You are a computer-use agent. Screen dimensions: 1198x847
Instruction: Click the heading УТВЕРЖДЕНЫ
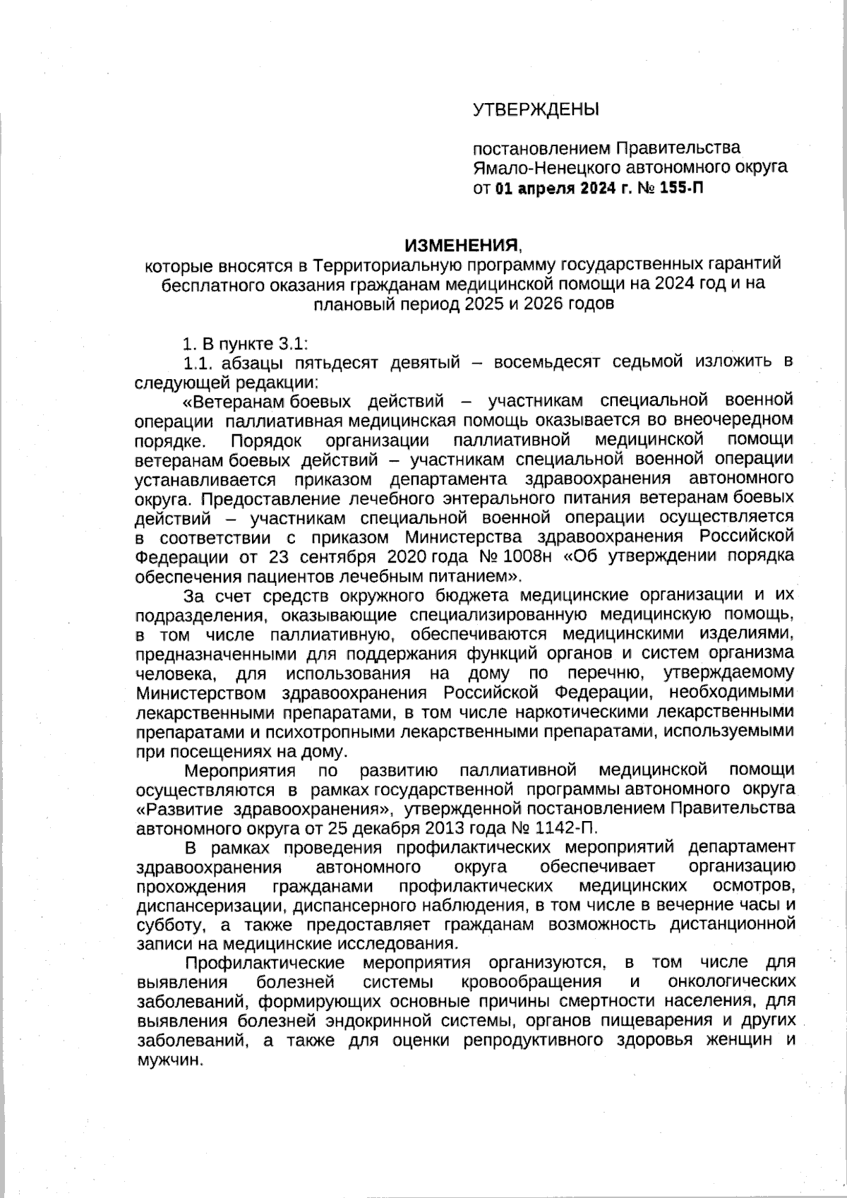pos(536,109)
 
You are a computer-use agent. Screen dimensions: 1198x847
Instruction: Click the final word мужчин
pos(167,1060)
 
